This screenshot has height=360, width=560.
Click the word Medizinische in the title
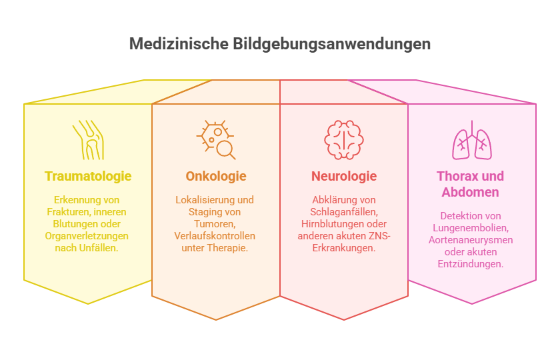[179, 44]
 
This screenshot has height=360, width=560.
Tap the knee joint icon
[88, 139]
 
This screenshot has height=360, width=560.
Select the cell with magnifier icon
[216, 139]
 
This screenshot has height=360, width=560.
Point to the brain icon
[344, 139]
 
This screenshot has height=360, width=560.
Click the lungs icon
[472, 139]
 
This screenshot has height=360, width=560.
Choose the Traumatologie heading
[88, 176]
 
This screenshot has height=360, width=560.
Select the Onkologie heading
[216, 176]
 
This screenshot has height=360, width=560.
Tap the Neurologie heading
[344, 176]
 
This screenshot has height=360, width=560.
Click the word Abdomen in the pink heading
[471, 192]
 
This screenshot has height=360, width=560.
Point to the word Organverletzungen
[87, 236]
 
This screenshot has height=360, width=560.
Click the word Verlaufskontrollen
[215, 236]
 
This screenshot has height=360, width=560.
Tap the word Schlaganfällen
[344, 212]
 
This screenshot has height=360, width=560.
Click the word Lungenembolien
[471, 228]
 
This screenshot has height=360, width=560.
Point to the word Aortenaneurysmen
[471, 240]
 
